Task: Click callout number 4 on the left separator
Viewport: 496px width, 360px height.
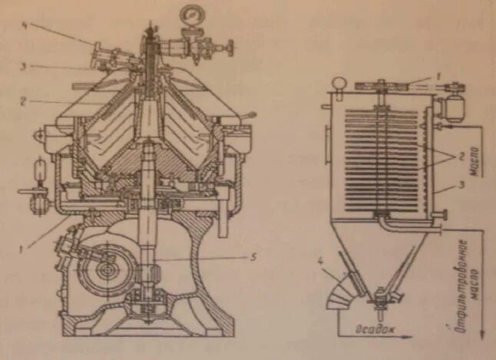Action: pos(24,25)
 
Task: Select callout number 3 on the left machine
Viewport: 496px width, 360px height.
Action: pos(24,67)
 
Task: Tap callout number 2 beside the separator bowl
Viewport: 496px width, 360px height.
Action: pos(24,100)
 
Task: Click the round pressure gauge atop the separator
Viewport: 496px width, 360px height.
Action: pos(189,15)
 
